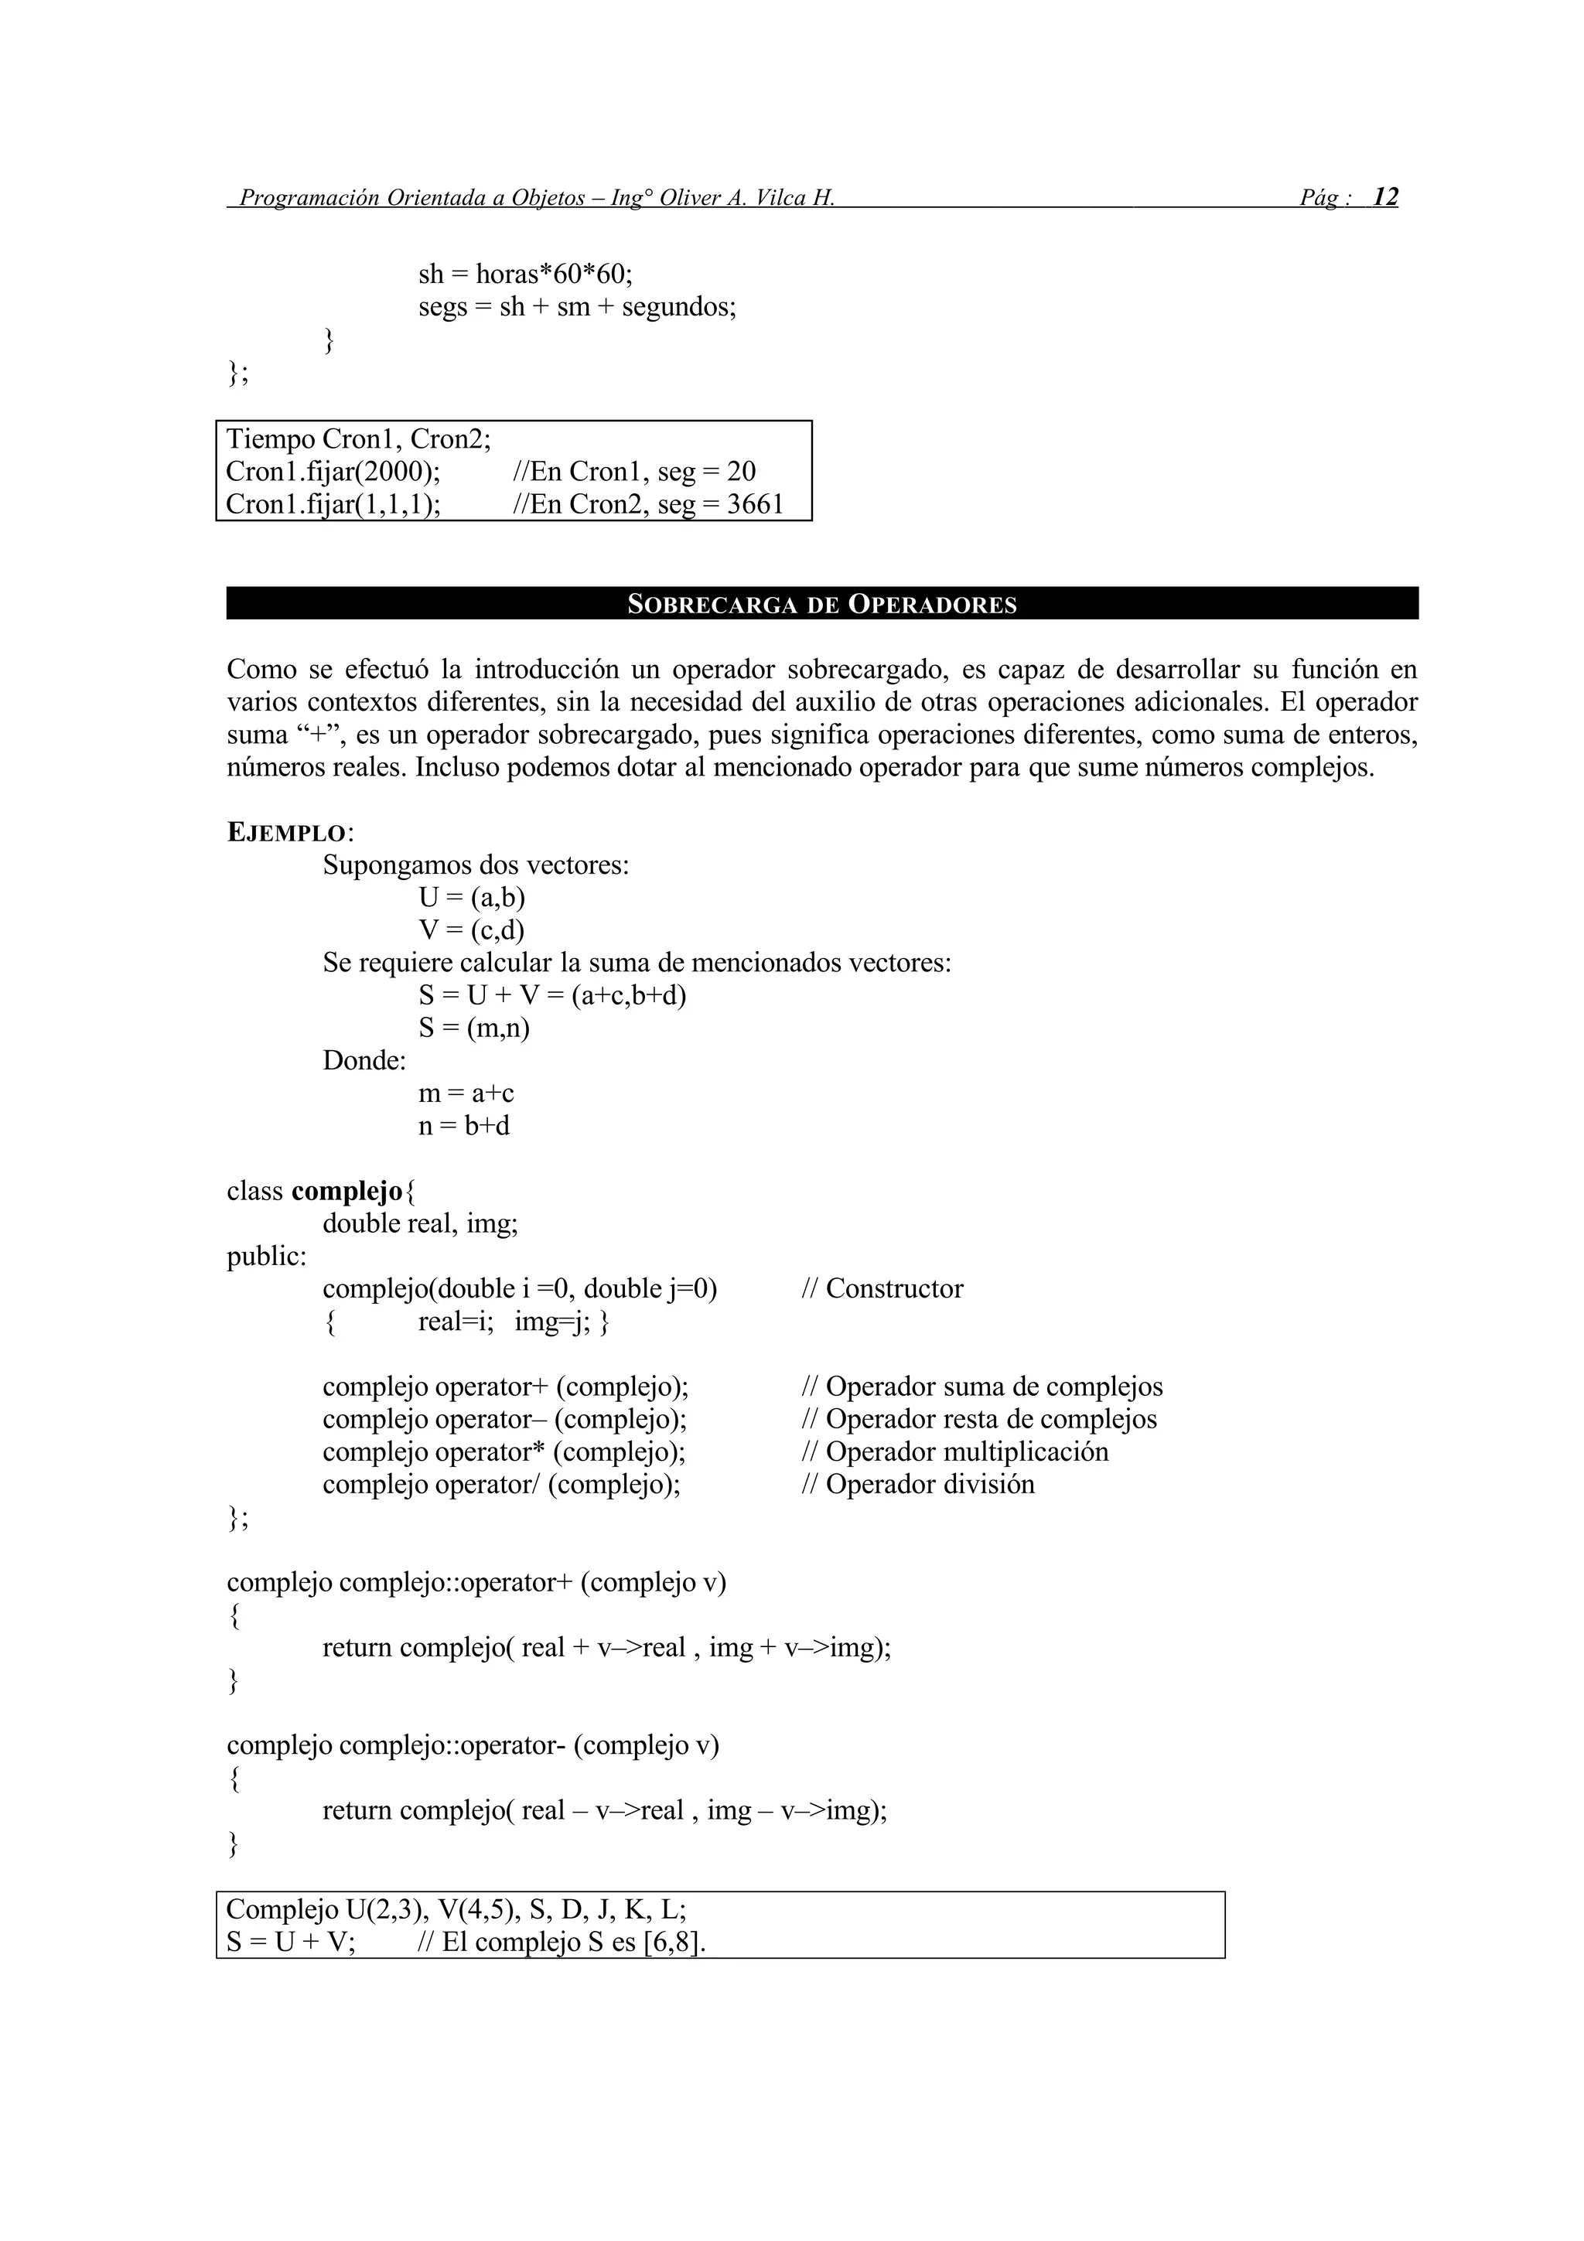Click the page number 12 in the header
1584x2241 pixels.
(x=1385, y=197)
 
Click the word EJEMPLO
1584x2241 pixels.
(x=287, y=833)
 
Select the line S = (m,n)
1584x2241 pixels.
(x=473, y=1028)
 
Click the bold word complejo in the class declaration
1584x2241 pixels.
(x=346, y=1191)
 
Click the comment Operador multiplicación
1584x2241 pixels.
(x=954, y=1451)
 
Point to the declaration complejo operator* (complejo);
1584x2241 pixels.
(x=504, y=1451)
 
